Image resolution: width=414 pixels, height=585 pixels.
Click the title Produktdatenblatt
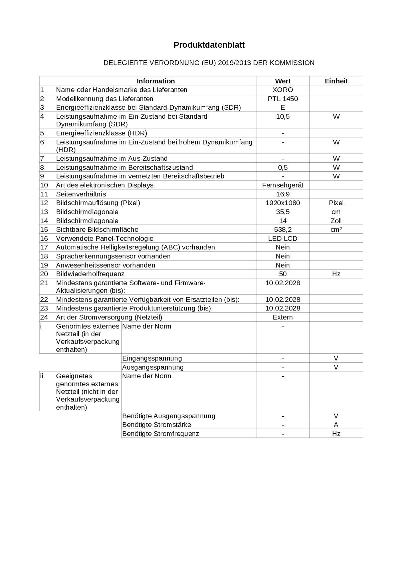click(x=209, y=45)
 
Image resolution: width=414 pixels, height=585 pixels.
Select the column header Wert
click(x=283, y=81)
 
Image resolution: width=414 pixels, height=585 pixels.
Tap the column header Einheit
click(x=336, y=81)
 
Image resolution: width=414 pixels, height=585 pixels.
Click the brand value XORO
click(x=283, y=90)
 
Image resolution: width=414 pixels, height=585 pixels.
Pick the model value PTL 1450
click(x=283, y=99)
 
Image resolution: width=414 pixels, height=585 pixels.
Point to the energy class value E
click(x=283, y=107)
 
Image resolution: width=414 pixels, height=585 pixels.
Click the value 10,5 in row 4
click(x=283, y=116)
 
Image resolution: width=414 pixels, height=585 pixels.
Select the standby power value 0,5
click(x=283, y=167)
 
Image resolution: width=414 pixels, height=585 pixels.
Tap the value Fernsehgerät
click(x=283, y=185)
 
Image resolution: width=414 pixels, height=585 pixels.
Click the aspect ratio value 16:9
click(x=283, y=194)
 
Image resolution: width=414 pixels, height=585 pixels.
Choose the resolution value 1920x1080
click(x=283, y=203)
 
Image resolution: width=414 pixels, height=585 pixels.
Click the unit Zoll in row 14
click(x=336, y=221)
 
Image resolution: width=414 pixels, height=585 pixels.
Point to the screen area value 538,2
click(x=283, y=229)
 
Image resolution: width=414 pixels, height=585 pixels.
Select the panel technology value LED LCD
click(x=283, y=238)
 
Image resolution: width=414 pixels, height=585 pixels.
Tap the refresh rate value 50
click(x=283, y=274)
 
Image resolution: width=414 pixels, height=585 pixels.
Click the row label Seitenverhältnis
click(x=81, y=194)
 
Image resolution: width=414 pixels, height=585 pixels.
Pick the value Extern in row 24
click(x=283, y=317)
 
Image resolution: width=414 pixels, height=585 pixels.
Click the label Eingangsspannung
click(x=152, y=358)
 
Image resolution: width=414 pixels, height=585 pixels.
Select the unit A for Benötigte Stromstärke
click(x=336, y=425)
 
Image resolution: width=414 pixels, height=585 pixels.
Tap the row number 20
click(x=44, y=274)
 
